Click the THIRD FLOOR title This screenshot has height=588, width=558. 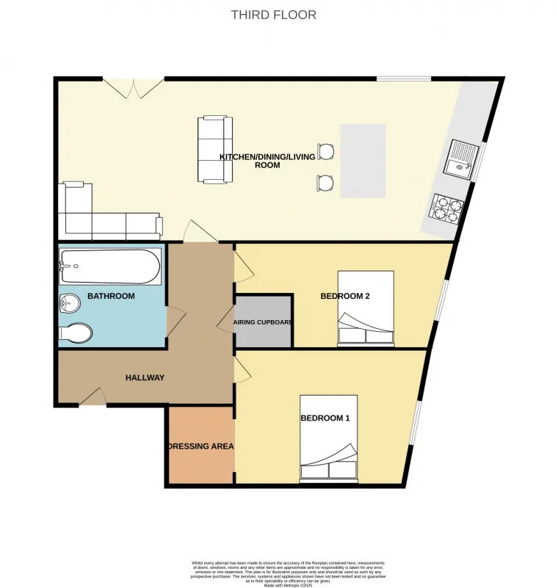point(274,15)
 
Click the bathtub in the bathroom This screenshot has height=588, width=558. point(110,267)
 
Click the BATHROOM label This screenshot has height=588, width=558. point(111,296)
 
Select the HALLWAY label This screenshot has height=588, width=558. point(145,377)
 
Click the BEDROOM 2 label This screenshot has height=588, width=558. point(344,296)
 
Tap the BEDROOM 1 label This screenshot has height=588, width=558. point(325,418)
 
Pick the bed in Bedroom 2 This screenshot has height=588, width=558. point(366,308)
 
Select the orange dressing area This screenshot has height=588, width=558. point(200,446)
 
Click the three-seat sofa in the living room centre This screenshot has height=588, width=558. point(215,149)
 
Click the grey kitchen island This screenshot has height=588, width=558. point(363,161)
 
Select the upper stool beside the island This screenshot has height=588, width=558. point(326,151)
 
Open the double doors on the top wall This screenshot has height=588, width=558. point(133,87)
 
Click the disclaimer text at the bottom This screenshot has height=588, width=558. point(278,572)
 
